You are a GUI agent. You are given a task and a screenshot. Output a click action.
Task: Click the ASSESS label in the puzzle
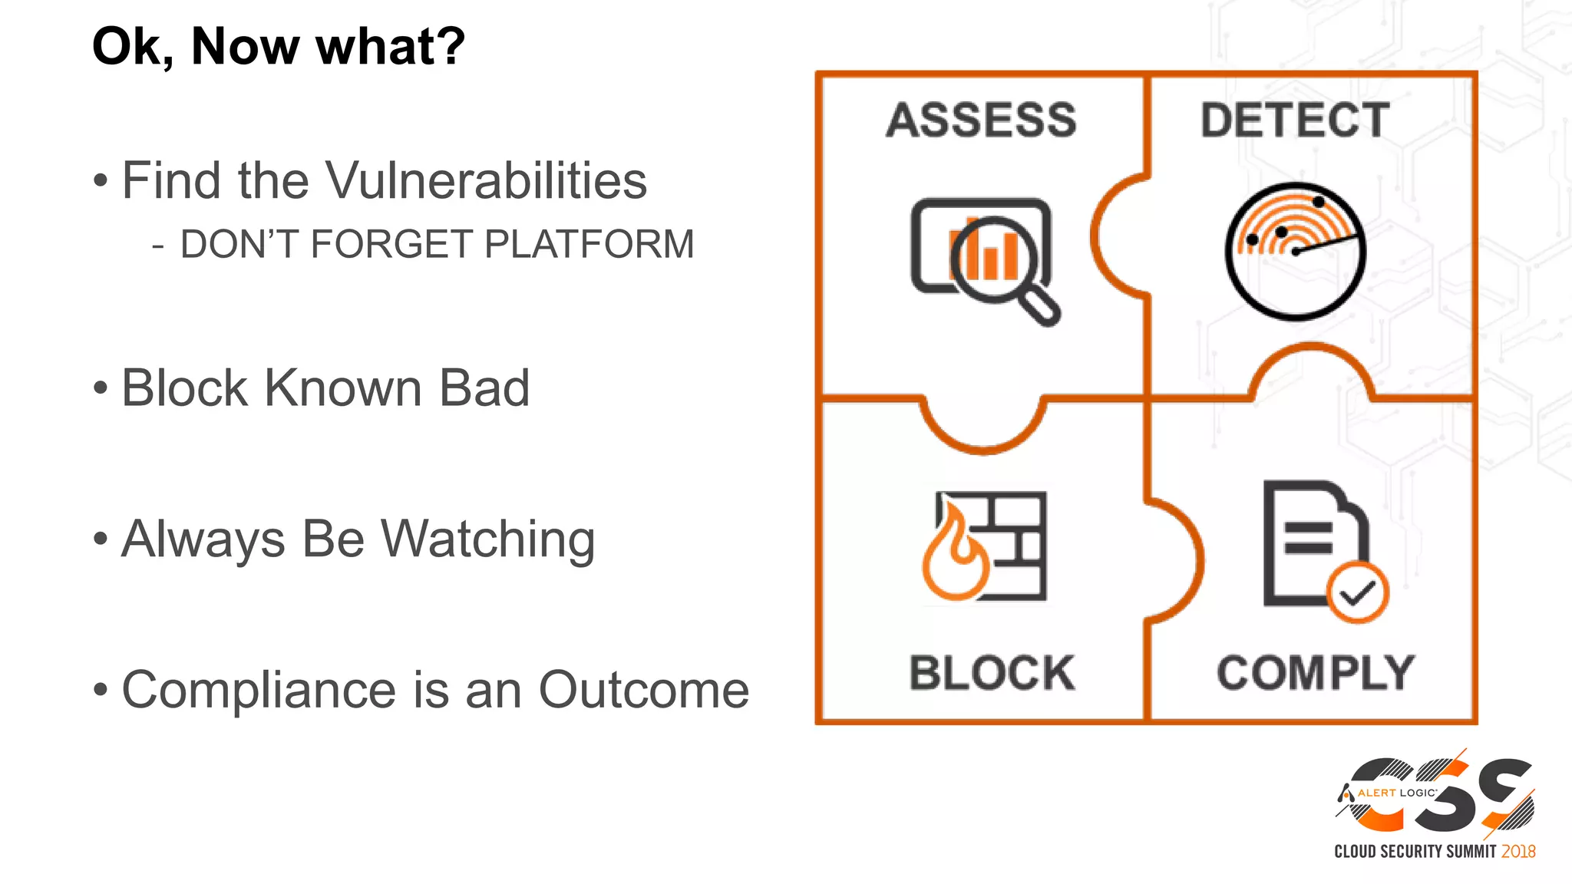(981, 120)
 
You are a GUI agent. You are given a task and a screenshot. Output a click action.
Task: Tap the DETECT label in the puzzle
(1295, 120)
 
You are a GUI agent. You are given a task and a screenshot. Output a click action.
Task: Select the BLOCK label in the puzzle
(992, 673)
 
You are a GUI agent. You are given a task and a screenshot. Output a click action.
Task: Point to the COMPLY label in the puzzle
(1316, 673)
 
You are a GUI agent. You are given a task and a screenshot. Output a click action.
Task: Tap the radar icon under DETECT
(1296, 251)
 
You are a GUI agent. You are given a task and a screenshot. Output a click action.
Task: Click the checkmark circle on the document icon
(1357, 592)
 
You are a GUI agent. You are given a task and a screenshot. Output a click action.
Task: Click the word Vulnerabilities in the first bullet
(487, 181)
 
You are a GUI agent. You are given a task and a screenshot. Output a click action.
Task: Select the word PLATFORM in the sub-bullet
(589, 245)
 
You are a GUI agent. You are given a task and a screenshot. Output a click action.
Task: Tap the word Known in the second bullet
(344, 388)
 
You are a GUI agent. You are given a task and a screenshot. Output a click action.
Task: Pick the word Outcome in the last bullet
(643, 690)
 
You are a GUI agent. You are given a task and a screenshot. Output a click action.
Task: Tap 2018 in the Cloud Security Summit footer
(1518, 852)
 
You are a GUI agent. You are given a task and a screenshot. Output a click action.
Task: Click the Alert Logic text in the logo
(1396, 793)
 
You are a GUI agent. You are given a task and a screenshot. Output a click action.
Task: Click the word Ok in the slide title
(131, 47)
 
